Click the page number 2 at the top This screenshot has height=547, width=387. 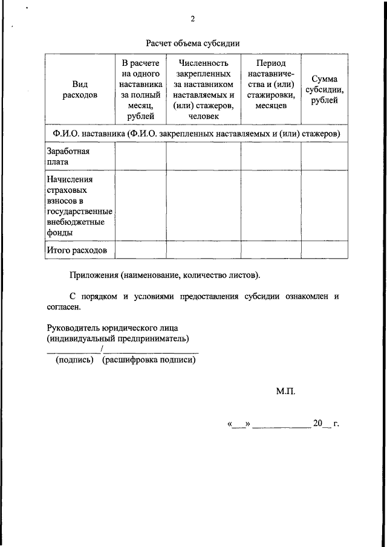tap(193, 18)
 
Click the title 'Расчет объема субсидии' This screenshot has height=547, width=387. tap(193, 43)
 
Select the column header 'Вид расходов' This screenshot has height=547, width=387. tap(80, 89)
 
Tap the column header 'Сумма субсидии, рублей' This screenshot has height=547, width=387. tap(325, 89)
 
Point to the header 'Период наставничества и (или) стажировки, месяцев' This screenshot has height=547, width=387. tap(271, 84)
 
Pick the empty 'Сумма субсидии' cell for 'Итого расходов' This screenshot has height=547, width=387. tap(325, 250)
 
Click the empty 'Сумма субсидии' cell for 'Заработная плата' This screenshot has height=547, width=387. tap(325, 157)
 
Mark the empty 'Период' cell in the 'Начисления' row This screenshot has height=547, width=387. tap(271, 206)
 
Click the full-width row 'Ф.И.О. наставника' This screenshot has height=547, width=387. tap(196, 132)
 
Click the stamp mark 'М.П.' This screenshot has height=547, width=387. tap(286, 392)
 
